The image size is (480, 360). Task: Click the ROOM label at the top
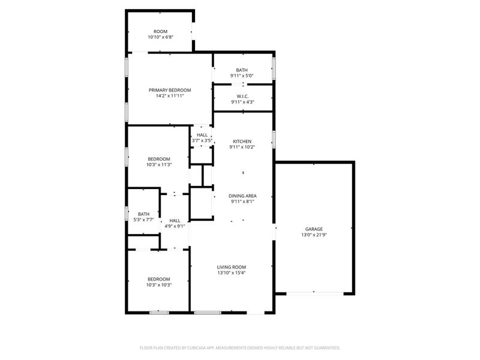tap(160, 31)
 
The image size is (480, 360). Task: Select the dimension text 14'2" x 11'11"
tap(170, 96)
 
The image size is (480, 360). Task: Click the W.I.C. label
tap(242, 96)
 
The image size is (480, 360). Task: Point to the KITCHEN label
tap(242, 141)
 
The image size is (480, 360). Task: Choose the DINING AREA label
tap(242, 196)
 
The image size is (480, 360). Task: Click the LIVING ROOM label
tap(231, 267)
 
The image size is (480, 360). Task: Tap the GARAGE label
tap(314, 229)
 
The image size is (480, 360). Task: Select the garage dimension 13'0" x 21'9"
tap(314, 235)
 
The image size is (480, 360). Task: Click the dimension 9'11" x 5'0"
tap(242, 76)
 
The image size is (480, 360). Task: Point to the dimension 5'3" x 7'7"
tap(143, 220)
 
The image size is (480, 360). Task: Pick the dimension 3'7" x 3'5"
tap(202, 141)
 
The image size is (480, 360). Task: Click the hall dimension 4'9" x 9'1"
tap(175, 226)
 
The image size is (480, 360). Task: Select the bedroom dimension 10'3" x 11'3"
tap(159, 165)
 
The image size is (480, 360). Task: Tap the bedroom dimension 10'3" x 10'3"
tap(159, 285)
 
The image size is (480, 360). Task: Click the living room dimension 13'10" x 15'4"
tap(231, 273)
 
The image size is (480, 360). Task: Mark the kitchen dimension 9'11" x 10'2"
tap(242, 147)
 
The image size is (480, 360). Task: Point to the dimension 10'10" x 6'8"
tap(160, 37)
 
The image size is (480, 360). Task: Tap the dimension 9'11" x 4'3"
tap(242, 102)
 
